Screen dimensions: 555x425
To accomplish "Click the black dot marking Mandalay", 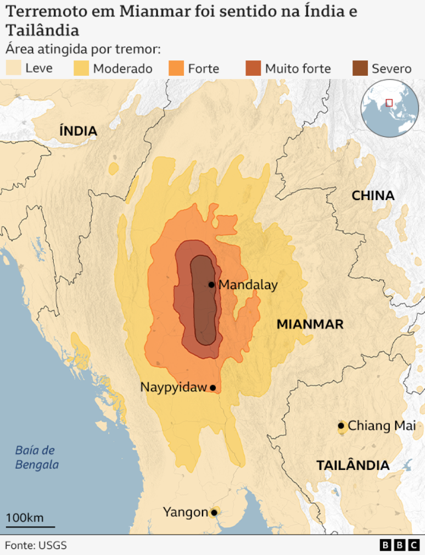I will [211, 285].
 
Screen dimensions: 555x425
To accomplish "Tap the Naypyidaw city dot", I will [213, 388].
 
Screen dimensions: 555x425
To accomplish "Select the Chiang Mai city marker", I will [341, 425].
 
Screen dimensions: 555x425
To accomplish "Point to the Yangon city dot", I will [214, 513].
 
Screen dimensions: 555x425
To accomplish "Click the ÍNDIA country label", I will [79, 131].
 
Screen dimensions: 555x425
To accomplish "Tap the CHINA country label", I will [373, 196].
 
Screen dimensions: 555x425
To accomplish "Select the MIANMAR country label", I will [310, 324].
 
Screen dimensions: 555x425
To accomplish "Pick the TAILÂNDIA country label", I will [353, 465].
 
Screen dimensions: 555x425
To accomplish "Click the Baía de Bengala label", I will [36, 457].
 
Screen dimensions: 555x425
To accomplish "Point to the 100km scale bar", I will [30, 526].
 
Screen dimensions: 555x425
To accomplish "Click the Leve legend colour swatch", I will [13, 68].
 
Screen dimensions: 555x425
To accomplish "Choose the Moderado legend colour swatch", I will [81, 68].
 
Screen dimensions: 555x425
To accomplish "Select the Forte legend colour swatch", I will [176, 68].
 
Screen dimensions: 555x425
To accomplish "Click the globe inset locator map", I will [389, 108].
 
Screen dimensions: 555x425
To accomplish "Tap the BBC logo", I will [399, 545].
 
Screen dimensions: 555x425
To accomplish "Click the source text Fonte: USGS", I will [36, 545].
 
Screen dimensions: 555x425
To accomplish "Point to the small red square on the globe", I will [389, 102].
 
